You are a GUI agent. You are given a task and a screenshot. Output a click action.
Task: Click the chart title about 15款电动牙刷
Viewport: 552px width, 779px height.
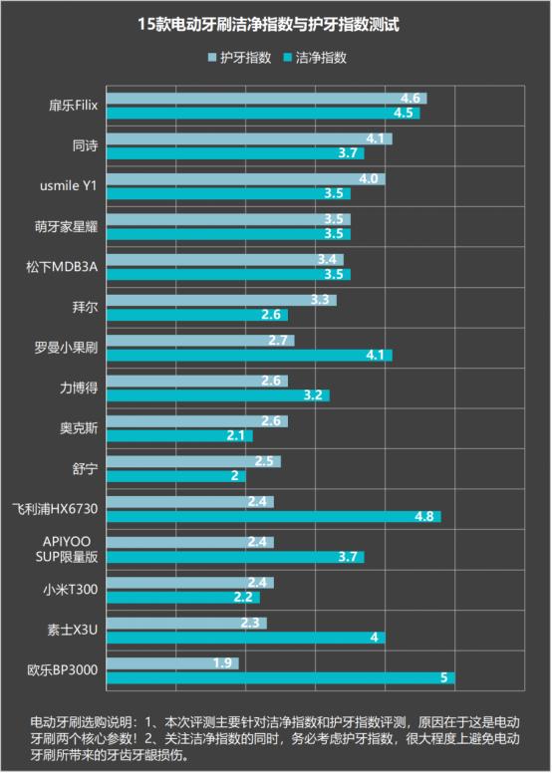275,23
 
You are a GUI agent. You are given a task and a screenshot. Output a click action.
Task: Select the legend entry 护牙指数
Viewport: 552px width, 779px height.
238,58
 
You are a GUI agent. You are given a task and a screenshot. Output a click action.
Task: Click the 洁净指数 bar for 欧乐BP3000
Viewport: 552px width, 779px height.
280,677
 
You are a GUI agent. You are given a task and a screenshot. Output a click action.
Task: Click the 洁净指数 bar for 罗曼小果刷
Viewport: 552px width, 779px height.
249,355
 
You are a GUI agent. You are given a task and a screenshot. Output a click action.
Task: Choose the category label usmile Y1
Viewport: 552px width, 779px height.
70,186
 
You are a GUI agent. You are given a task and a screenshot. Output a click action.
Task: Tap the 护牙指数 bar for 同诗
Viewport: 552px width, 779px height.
249,138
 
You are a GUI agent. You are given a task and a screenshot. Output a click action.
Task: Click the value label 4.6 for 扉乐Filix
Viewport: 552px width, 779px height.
410,99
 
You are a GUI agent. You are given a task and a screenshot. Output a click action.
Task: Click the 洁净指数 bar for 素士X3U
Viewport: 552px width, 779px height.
245,638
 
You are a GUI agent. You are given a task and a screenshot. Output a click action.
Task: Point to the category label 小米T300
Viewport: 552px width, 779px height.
72,591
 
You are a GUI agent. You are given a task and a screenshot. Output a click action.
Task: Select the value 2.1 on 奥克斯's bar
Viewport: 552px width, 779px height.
236,435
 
